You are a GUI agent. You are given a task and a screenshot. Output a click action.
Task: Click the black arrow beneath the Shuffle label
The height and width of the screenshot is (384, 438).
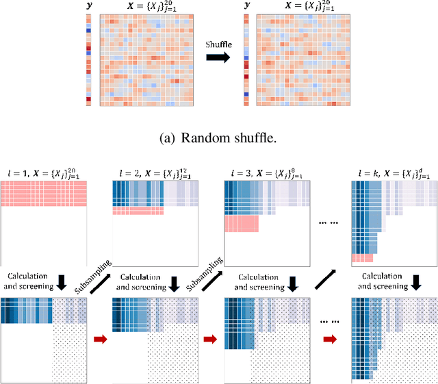click(219, 60)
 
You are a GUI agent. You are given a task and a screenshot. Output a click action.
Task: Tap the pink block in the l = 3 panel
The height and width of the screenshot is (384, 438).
click(242, 225)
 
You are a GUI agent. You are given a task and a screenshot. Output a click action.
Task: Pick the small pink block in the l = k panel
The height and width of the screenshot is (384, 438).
click(361, 259)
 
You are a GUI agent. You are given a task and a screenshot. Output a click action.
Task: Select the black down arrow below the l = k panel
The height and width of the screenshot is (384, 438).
click(393, 281)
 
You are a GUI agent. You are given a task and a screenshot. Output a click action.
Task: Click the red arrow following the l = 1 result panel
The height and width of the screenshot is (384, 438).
click(100, 337)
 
